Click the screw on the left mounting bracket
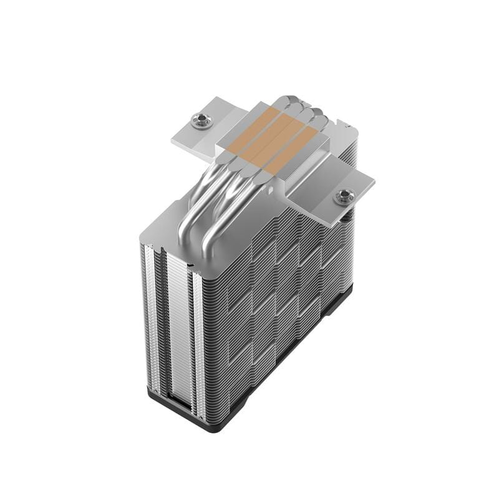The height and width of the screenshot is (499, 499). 200,119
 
